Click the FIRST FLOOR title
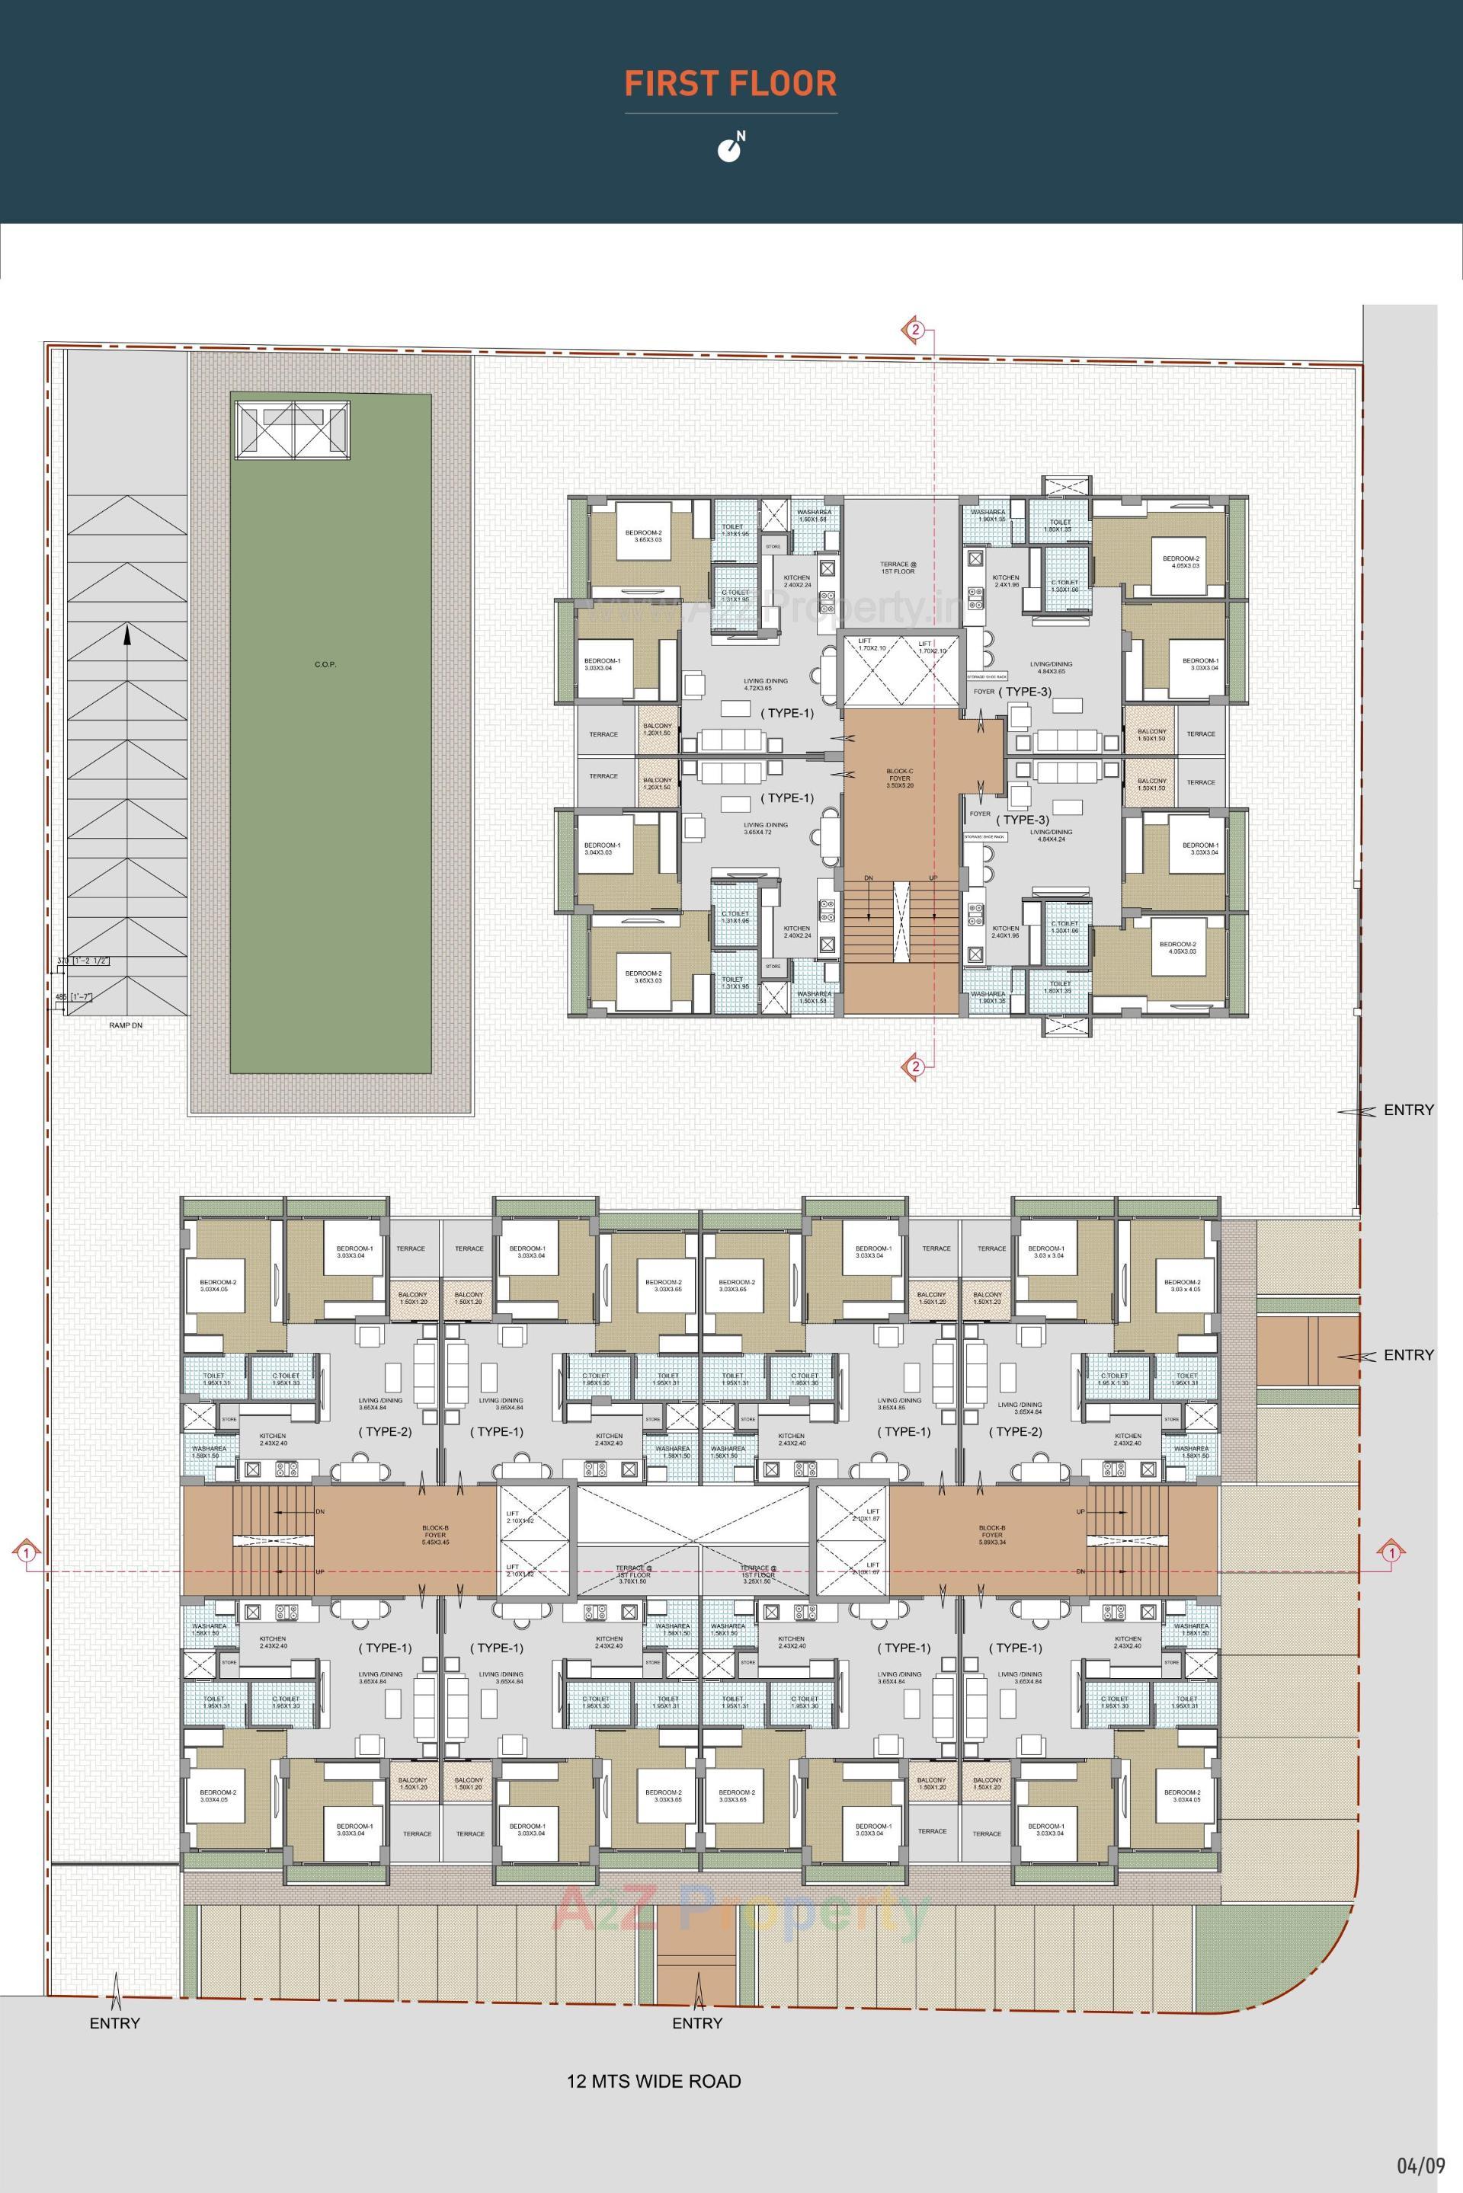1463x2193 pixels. coord(731,83)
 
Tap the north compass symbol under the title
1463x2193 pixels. coord(731,146)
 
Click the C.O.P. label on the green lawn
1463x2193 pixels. coord(325,664)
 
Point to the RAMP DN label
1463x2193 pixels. coord(125,1025)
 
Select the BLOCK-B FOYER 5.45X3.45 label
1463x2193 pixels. coord(436,1534)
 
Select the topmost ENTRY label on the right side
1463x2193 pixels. coord(1408,1110)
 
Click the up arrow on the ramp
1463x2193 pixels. coord(126,637)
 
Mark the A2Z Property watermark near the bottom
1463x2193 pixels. coord(741,1910)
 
